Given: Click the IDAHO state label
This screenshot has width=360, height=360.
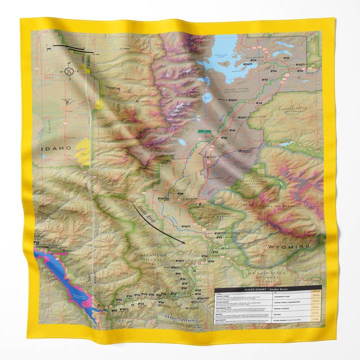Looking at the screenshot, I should [56, 149].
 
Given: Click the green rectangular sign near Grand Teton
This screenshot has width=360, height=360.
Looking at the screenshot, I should [206, 132].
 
